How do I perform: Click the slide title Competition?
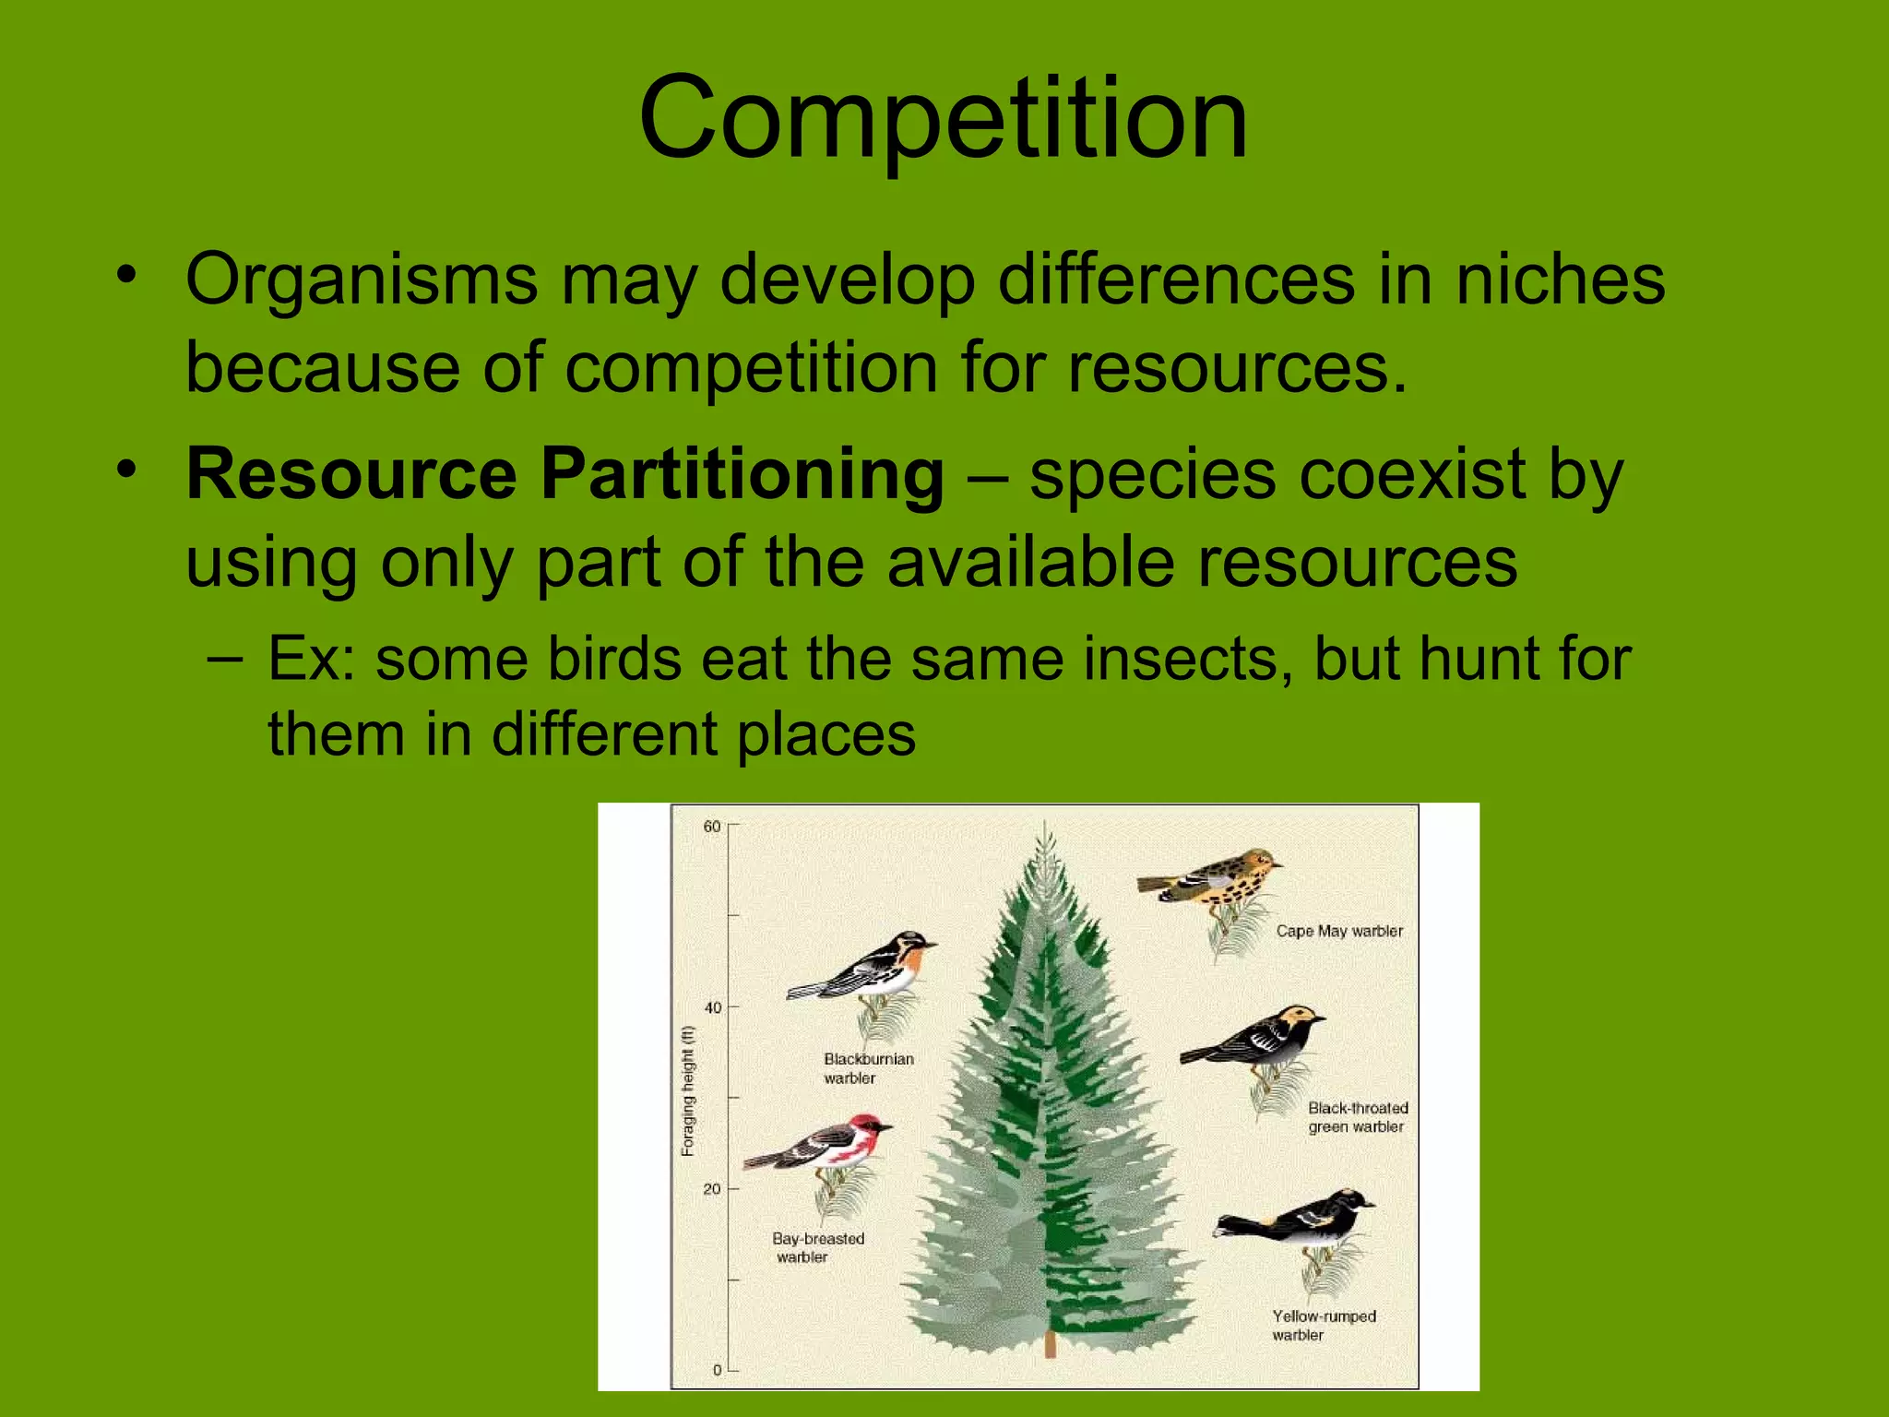(943, 118)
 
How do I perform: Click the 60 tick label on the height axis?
(712, 827)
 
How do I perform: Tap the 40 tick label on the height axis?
(712, 1007)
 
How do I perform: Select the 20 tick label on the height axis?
(712, 1189)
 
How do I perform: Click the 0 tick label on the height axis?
(717, 1370)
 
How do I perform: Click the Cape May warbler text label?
(1339, 932)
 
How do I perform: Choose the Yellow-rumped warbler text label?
(1324, 1326)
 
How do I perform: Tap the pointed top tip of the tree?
(1044, 825)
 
